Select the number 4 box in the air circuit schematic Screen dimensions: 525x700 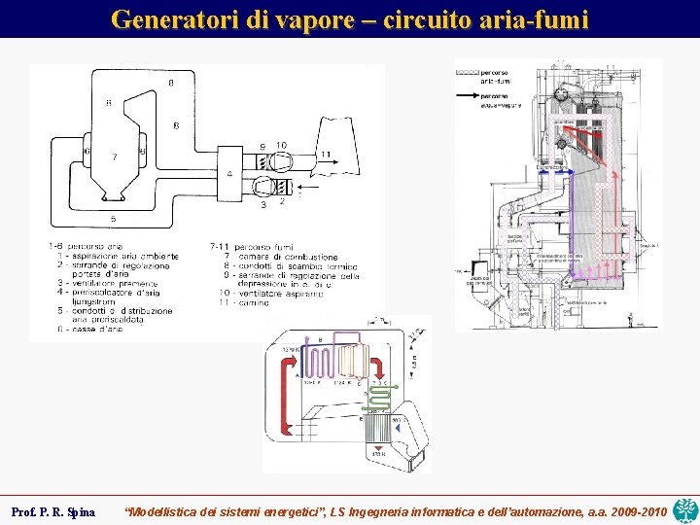coord(228,174)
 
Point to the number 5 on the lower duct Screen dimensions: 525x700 coord(113,219)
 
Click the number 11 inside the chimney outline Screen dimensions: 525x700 coord(325,154)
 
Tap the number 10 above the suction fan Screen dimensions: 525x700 coord(280,146)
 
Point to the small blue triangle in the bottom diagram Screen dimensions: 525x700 coord(398,428)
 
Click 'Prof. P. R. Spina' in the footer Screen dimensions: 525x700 coord(52,511)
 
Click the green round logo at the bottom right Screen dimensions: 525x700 coord(685,507)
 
